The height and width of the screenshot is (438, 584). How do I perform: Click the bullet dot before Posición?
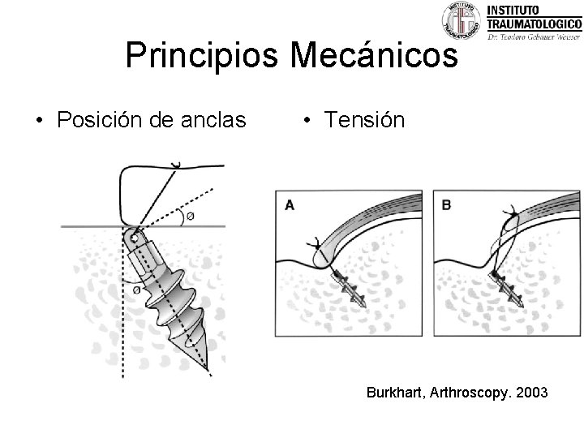(38, 122)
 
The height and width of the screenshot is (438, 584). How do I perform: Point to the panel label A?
(290, 206)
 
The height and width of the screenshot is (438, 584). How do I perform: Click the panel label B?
(446, 206)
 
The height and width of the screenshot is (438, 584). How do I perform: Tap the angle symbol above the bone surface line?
(189, 216)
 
